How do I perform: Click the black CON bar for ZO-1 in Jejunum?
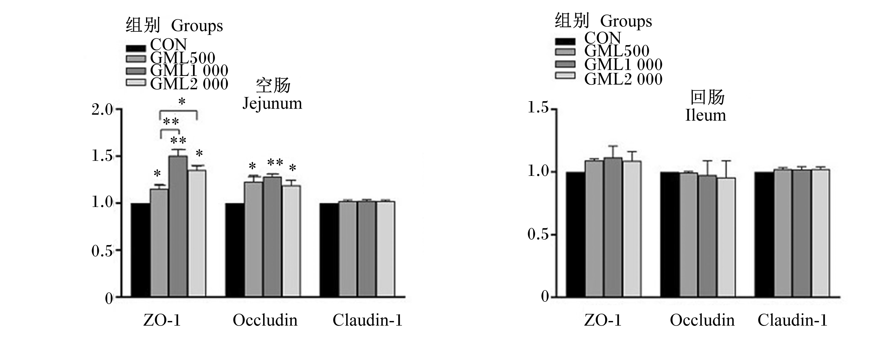(141, 250)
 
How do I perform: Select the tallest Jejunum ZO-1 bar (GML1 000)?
(178, 226)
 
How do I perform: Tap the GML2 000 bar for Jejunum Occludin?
(291, 241)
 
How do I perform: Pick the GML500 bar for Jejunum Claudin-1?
(348, 249)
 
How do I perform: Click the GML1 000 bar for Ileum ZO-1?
(613, 227)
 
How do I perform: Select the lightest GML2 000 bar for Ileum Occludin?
(726, 237)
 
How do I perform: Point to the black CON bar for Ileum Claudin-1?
(764, 234)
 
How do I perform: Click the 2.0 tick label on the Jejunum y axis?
(102, 110)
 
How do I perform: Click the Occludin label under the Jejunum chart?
(265, 320)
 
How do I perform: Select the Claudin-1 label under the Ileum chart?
(792, 320)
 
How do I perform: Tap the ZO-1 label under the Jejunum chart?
(162, 320)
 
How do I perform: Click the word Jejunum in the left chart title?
(272, 104)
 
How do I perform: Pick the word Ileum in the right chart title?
(705, 115)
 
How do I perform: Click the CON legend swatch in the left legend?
(136, 48)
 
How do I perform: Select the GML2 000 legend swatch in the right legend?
(565, 75)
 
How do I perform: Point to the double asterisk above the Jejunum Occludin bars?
(275, 163)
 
